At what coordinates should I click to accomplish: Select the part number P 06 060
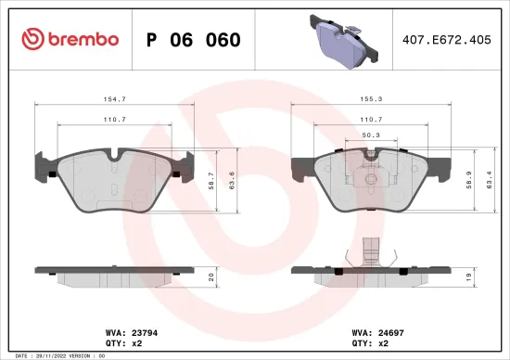[194, 40]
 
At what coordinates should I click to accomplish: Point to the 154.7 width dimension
[115, 97]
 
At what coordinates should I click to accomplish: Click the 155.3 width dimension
[371, 97]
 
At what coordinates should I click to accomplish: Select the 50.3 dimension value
[370, 135]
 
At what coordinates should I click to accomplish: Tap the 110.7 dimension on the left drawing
[115, 121]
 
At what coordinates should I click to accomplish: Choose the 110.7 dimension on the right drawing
[371, 121]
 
